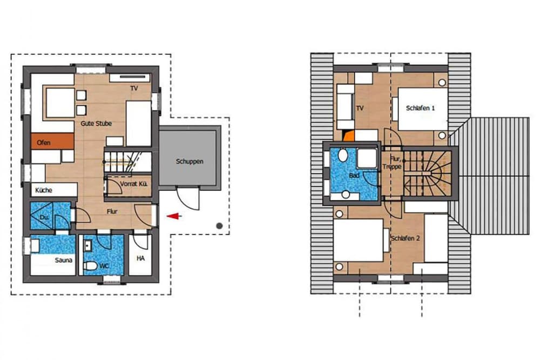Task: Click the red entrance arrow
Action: [x=173, y=216]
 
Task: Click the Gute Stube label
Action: [x=97, y=124]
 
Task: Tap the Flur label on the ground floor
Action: [x=112, y=211]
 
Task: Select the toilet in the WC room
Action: [x=92, y=266]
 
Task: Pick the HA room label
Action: [x=140, y=259]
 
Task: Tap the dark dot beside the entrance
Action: [x=219, y=225]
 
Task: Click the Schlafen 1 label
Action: [x=420, y=108]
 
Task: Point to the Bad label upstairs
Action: [x=354, y=176]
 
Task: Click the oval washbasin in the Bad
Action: [x=342, y=156]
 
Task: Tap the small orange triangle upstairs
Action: [x=349, y=136]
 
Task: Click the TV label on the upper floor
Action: [x=360, y=108]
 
